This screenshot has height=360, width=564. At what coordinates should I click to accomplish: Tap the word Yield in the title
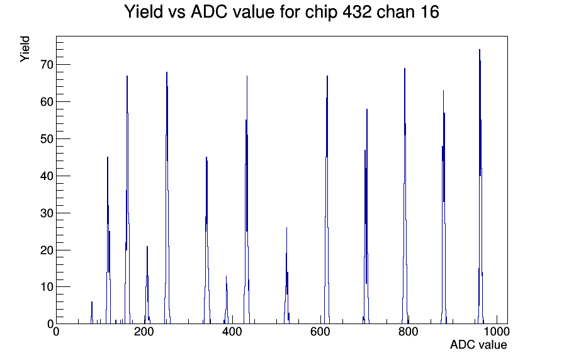tap(144, 12)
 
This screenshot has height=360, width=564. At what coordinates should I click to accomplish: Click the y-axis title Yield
tap(25, 49)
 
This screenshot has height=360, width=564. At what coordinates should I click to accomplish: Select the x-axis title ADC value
tap(478, 344)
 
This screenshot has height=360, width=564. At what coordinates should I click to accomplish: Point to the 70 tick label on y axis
tap(47, 65)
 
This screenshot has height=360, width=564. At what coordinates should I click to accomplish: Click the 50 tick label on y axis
tap(47, 139)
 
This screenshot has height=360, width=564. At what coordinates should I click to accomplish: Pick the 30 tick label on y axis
tap(47, 213)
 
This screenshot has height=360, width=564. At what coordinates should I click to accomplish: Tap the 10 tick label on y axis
tap(47, 287)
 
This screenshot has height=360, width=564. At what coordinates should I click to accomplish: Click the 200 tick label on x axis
tap(144, 331)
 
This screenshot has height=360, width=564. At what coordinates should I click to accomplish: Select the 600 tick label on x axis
tap(320, 331)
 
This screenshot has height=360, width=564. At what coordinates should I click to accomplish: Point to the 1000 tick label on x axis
tap(497, 331)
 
